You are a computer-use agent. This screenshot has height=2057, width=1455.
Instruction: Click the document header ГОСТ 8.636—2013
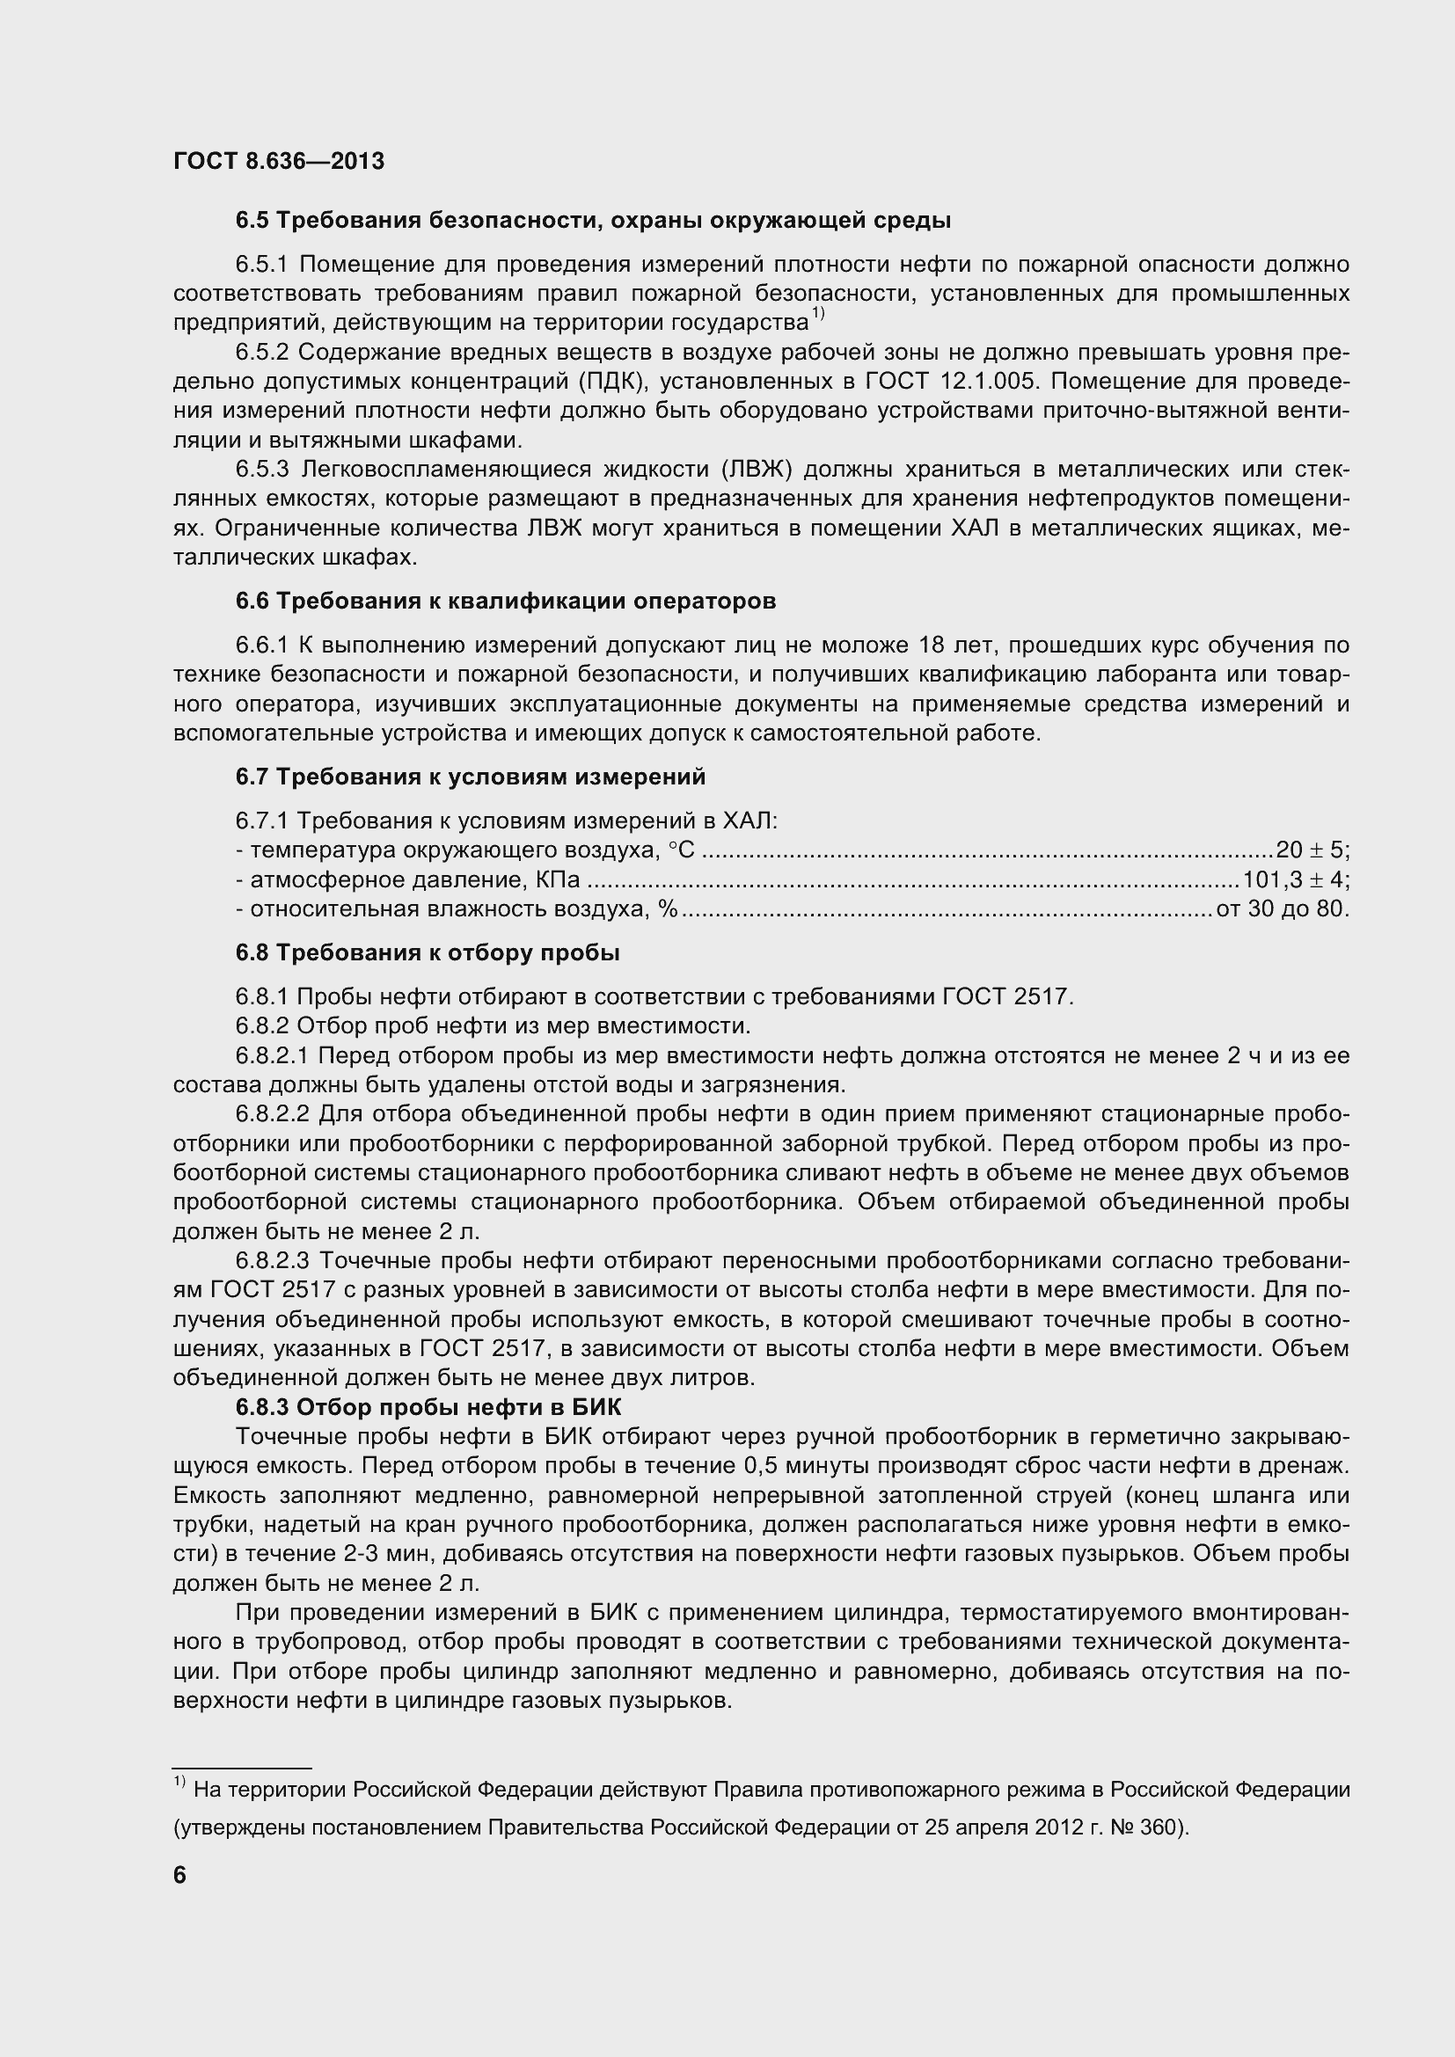pyautogui.click(x=279, y=161)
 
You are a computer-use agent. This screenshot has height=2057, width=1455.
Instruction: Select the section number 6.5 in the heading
pyautogui.click(x=252, y=221)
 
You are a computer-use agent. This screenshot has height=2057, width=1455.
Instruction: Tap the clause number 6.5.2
pyautogui.click(x=263, y=352)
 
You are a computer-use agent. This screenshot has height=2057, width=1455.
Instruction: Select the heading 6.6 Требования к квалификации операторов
pyautogui.click(x=505, y=602)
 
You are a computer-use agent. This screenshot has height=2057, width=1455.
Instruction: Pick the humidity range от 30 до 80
pyautogui.click(x=1281, y=909)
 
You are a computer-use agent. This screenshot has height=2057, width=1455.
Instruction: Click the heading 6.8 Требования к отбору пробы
pyautogui.click(x=428, y=953)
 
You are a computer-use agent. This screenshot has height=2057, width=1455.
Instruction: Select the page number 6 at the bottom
pyautogui.click(x=180, y=1875)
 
